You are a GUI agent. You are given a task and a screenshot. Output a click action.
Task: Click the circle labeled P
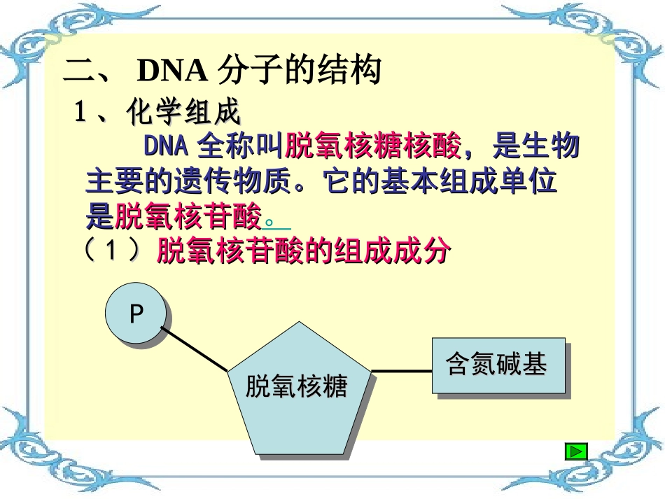[x=136, y=314]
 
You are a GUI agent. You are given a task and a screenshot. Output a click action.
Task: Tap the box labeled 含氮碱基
[x=497, y=365]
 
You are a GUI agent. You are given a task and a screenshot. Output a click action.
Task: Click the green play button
[x=575, y=451]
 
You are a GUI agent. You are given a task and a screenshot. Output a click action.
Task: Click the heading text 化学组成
[x=183, y=112]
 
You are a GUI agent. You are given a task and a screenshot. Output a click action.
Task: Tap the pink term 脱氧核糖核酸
[x=374, y=147]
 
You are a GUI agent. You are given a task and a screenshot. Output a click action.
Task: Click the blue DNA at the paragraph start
[x=167, y=147]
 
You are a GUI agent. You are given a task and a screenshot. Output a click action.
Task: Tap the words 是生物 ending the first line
[x=535, y=147]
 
